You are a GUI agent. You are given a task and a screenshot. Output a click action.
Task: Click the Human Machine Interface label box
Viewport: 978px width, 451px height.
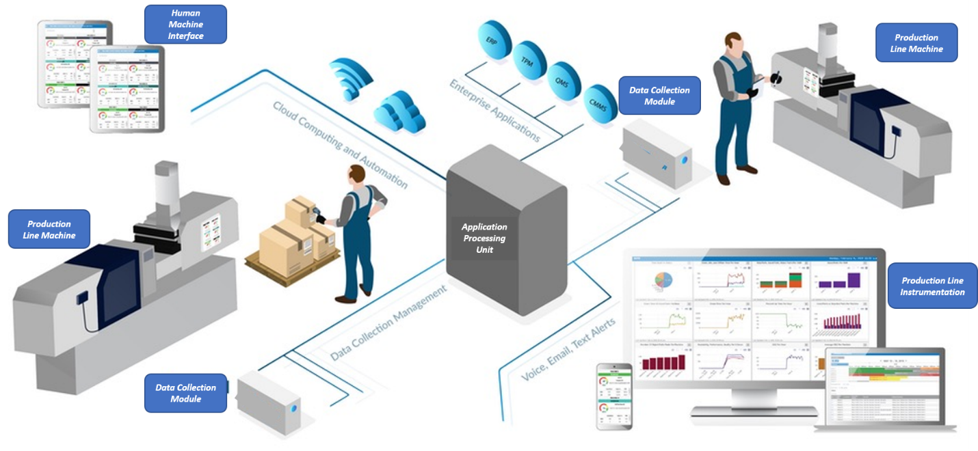pos(185,25)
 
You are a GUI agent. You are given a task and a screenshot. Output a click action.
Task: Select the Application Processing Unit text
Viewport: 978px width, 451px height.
pos(484,238)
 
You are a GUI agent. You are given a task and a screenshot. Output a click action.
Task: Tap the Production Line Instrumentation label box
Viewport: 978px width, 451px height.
pos(932,286)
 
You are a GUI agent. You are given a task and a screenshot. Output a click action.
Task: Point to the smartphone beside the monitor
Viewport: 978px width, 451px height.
pos(614,396)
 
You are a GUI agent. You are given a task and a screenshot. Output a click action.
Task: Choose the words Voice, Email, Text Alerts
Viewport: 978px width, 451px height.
pos(568,349)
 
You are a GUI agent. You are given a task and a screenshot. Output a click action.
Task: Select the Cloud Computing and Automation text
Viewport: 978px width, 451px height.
pos(340,144)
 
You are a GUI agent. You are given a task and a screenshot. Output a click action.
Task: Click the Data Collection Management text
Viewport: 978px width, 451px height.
pos(388,324)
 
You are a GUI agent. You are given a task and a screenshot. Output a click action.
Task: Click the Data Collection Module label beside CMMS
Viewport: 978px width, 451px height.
pos(659,96)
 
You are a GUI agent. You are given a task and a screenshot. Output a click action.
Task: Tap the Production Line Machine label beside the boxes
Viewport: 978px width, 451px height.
pos(49,229)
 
